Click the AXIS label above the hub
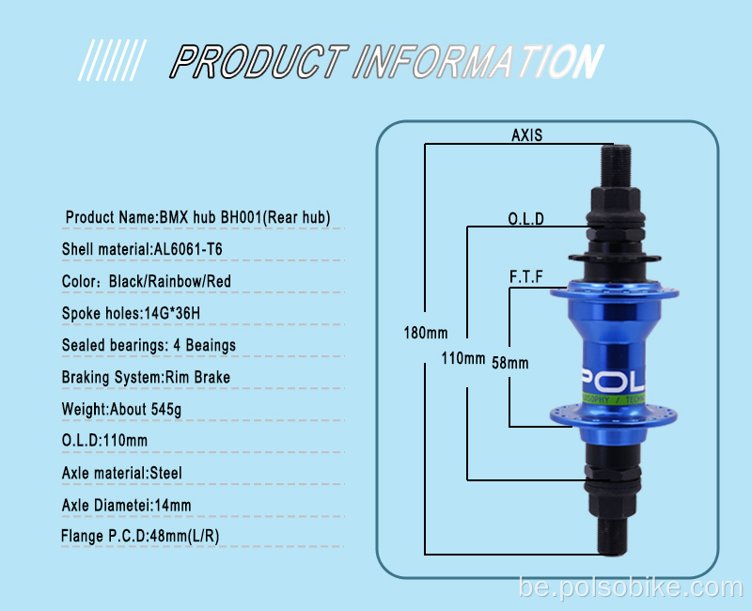(x=526, y=135)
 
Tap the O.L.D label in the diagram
(x=526, y=219)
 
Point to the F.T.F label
(x=526, y=276)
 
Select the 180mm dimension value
(x=426, y=333)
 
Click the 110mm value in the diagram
(x=463, y=358)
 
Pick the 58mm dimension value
(x=510, y=363)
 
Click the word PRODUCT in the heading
(x=259, y=61)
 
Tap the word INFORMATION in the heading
(x=478, y=61)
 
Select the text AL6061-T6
(x=188, y=249)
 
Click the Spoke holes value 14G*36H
(x=172, y=313)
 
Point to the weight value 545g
(x=166, y=410)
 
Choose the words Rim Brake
(x=197, y=378)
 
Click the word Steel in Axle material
(x=166, y=474)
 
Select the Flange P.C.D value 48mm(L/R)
(x=184, y=536)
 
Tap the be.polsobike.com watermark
(x=631, y=588)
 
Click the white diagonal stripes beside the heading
(x=112, y=60)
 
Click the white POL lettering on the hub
(x=613, y=382)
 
